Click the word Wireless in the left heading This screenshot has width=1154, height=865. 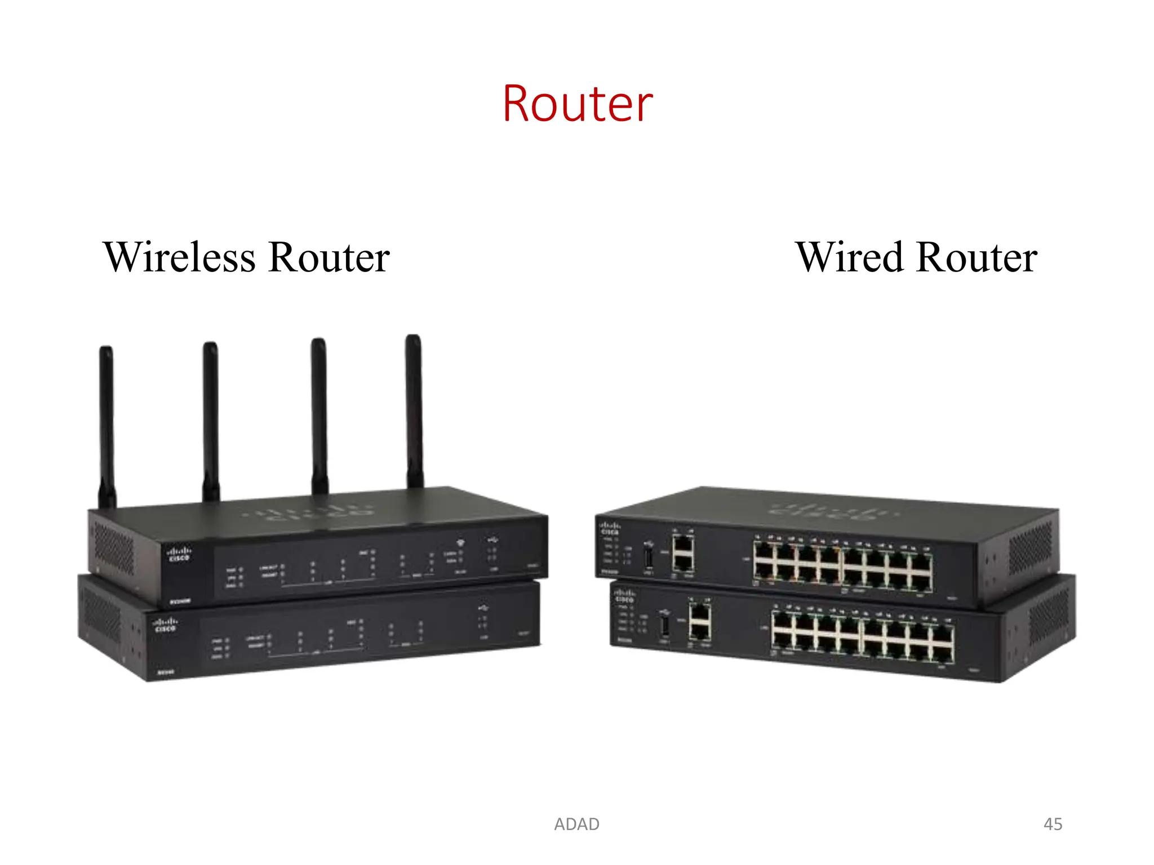(x=179, y=257)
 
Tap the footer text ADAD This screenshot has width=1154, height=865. (x=576, y=824)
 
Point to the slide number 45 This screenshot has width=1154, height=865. (x=1053, y=824)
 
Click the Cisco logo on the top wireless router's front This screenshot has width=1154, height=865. (x=179, y=553)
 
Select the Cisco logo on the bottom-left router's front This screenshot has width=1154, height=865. (x=165, y=625)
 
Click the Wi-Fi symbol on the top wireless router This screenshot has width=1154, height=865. (x=460, y=542)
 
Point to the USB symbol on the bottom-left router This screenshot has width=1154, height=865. (x=483, y=608)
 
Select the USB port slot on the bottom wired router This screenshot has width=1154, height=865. (x=665, y=626)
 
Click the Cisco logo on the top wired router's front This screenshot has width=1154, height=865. (x=610, y=528)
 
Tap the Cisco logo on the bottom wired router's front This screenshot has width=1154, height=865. (x=624, y=596)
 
